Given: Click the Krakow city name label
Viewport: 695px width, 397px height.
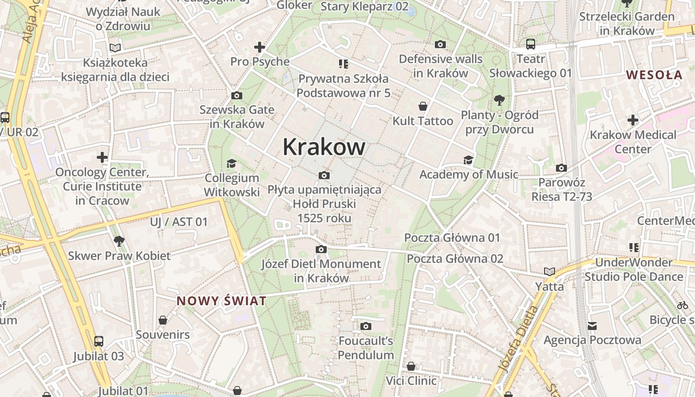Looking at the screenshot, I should tap(324, 147).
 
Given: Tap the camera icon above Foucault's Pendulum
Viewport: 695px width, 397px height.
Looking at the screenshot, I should tap(366, 326).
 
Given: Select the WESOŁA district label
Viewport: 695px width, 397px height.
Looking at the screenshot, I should tap(654, 75).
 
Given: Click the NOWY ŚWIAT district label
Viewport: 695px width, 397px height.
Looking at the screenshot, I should tap(221, 301).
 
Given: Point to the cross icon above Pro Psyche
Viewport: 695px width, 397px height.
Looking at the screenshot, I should tap(260, 48).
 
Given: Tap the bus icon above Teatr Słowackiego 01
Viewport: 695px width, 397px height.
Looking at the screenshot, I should tap(530, 44).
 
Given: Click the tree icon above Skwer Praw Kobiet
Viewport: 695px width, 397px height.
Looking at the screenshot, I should tap(119, 242).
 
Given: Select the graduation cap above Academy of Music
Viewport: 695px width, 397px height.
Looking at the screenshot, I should tap(468, 160).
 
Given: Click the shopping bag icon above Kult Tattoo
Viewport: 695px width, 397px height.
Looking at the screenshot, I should tap(423, 106).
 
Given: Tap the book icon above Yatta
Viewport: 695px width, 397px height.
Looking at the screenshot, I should tap(549, 271).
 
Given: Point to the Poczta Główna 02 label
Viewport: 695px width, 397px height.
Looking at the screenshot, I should tap(455, 259).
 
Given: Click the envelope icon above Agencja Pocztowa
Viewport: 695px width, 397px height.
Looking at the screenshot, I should tap(592, 326).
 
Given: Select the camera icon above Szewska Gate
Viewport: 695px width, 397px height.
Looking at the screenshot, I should tap(237, 95).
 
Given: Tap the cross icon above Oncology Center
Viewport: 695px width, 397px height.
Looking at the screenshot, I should tap(102, 158).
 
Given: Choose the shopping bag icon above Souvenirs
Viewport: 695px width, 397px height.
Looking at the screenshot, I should tap(163, 320).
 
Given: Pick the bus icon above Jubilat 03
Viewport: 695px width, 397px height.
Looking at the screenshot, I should tap(99, 341).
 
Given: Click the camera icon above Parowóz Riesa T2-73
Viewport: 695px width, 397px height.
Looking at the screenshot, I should tap(561, 168).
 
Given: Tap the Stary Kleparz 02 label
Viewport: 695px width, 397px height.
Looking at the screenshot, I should tap(364, 6).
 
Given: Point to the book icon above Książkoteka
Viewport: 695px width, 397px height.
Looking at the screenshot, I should tap(115, 48).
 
